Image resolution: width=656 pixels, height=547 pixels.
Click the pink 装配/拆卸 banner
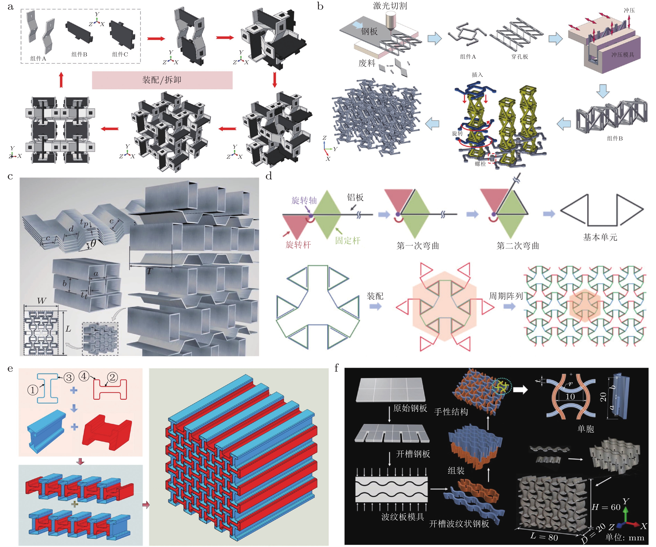[x=162, y=80]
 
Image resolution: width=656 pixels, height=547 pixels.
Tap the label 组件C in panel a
[x=120, y=54]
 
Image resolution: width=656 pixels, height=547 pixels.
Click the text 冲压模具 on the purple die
[x=623, y=55]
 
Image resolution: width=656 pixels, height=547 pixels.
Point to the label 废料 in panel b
[x=367, y=63]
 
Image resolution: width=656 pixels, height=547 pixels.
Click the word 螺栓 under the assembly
[x=480, y=164]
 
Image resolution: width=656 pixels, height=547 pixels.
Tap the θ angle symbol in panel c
[x=93, y=243]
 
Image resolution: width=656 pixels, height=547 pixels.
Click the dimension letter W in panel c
[x=42, y=301]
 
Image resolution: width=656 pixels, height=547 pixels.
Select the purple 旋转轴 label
[x=304, y=200]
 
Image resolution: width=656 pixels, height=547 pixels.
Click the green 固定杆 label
[x=348, y=240]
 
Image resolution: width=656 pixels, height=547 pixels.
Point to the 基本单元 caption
[x=600, y=237]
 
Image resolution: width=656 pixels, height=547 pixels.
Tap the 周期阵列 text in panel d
[x=506, y=296]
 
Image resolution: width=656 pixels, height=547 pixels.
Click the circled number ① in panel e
[x=33, y=390]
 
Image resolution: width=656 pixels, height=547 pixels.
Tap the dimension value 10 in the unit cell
[x=570, y=397]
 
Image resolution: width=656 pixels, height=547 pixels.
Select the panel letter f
[x=337, y=368]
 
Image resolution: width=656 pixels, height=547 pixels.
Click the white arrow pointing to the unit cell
[x=520, y=389]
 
